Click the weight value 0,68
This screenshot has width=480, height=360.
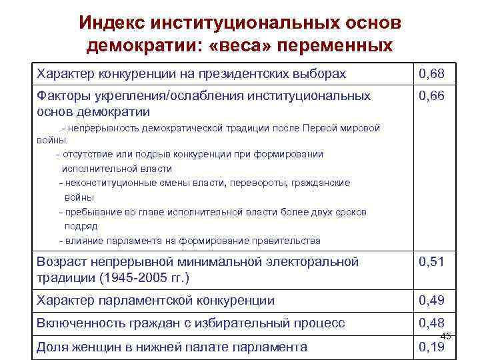pyautogui.click(x=432, y=72)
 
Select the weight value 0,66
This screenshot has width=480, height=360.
pyautogui.click(x=432, y=97)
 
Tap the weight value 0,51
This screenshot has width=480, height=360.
pyautogui.click(x=432, y=262)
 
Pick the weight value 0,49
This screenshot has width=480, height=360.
pyautogui.click(x=432, y=301)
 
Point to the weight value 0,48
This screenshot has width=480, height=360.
pyautogui.click(x=432, y=323)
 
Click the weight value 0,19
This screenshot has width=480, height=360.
pyautogui.click(x=432, y=347)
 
